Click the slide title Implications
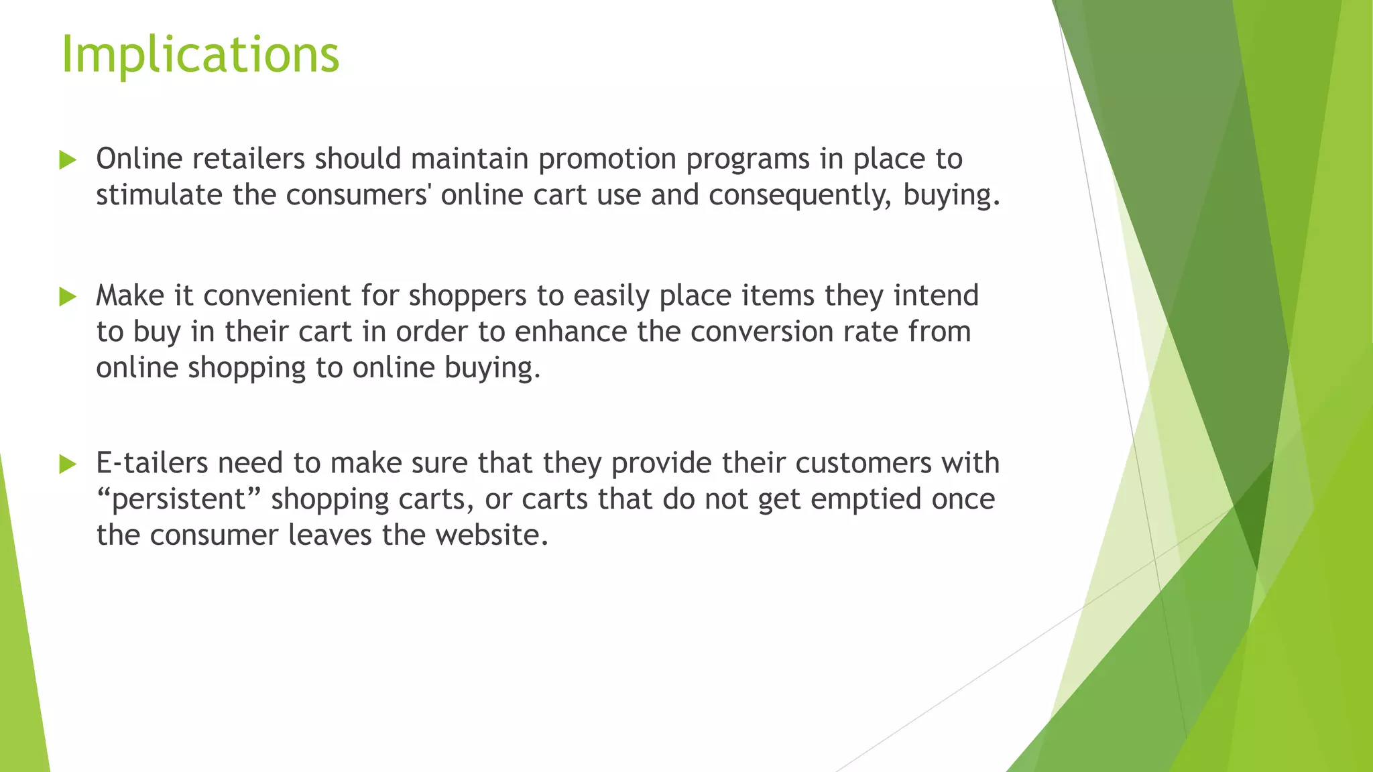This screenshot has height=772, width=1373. click(x=200, y=54)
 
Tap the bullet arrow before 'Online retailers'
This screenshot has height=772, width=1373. click(x=68, y=160)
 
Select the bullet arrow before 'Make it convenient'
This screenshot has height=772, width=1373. click(x=68, y=296)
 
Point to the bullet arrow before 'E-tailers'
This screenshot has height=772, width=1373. click(x=68, y=464)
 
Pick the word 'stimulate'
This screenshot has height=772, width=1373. click(x=159, y=195)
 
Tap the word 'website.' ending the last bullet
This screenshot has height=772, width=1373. click(x=491, y=535)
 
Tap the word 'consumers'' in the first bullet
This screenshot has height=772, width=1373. click(x=359, y=195)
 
